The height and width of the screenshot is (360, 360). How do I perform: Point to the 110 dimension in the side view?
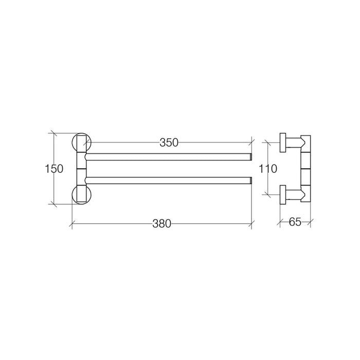click(268, 168)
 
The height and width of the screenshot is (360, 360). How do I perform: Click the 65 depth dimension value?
click(295, 222)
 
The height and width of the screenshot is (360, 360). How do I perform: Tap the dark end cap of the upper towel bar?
click(250, 157)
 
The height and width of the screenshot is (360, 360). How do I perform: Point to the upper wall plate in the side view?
click(282, 141)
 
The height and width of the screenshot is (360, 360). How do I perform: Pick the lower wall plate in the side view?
click(282, 194)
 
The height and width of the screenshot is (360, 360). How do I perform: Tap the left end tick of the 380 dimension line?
click(71, 224)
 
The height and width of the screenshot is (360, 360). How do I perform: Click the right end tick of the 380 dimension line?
click(251, 224)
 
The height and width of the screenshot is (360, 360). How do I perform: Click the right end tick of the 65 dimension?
click(312, 223)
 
